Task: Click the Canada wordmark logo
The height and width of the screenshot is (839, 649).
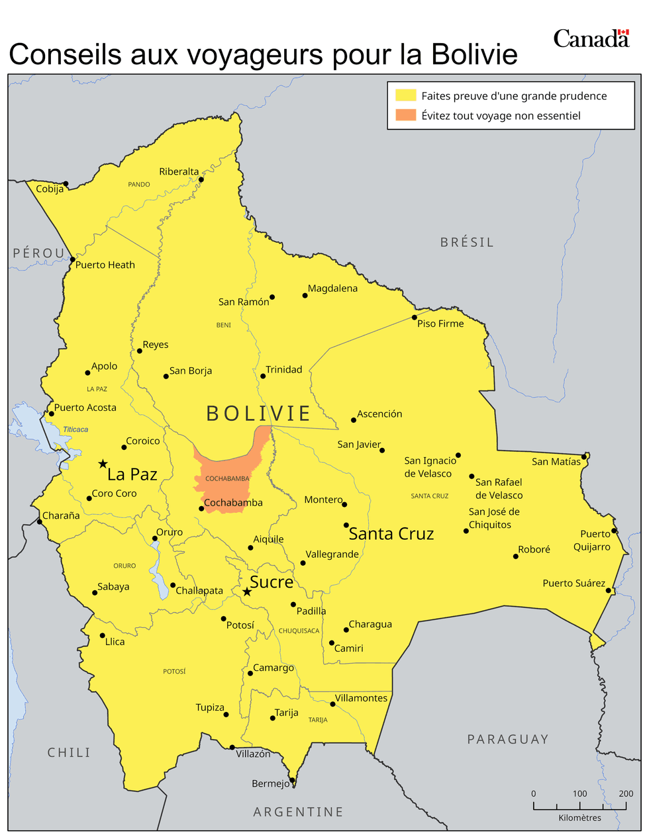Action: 591,38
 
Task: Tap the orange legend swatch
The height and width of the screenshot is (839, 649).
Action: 405,115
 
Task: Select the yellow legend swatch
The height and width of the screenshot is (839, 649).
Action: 405,95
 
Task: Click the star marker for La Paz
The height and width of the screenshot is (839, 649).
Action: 103,464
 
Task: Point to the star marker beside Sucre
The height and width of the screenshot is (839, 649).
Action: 247,592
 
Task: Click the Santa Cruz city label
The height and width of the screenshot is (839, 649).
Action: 391,534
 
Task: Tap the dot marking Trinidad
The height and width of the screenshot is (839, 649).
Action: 263,376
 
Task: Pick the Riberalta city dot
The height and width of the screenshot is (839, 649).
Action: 201,179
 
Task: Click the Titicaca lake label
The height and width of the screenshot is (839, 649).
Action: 75,429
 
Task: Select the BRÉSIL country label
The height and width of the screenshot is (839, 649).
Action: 467,242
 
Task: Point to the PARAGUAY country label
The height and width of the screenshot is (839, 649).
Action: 508,739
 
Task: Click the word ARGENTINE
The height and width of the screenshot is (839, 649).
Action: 298,812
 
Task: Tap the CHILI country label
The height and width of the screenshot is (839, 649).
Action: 69,752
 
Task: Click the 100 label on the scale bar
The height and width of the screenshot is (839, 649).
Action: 580,793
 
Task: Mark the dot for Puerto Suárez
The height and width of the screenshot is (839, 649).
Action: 609,590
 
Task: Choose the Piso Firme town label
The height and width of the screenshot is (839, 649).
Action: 440,324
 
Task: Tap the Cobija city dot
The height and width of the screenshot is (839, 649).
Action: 66,184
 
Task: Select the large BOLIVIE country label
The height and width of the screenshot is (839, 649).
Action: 258,414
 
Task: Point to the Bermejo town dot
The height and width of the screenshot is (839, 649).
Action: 292,780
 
